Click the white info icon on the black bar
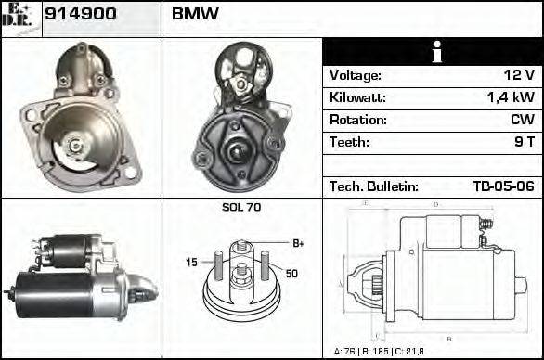tap(433, 52)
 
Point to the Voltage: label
tap(356, 75)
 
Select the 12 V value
tap(518, 75)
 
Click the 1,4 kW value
tap(509, 97)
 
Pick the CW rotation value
tap(522, 120)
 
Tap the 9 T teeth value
tap(523, 142)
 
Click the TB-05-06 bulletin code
tap(503, 186)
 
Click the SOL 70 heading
tap(241, 207)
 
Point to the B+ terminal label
tap(298, 243)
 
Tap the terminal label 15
tap(191, 263)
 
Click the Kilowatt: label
tap(357, 97)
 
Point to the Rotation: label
tap(357, 120)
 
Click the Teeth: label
tap(349, 142)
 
